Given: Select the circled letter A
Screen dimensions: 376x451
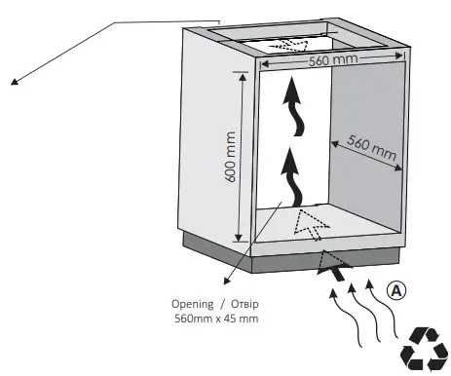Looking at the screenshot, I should tap(396, 289).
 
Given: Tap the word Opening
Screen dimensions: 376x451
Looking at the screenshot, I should tap(191, 302).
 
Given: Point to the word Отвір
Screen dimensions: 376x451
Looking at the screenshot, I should tap(241, 302).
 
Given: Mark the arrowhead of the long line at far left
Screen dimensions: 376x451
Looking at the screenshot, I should tap(15, 83).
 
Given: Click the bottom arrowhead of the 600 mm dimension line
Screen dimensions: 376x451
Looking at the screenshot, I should tap(238, 240).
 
